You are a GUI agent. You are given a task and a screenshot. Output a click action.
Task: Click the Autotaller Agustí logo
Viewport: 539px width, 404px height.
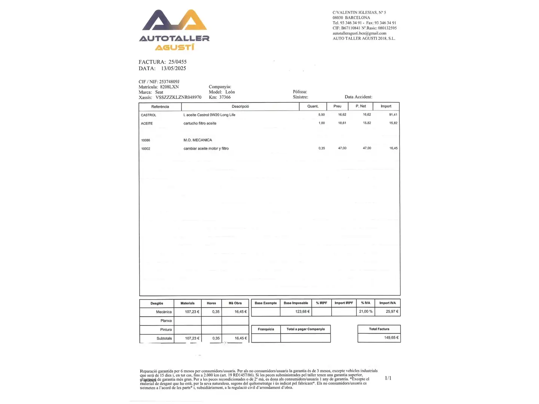174,30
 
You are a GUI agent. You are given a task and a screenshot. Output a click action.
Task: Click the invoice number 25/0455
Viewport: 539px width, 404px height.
177,62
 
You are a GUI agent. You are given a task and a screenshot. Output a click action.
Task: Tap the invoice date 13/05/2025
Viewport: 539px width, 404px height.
173,68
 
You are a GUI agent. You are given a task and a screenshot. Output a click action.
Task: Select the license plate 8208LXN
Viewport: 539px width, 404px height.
169,87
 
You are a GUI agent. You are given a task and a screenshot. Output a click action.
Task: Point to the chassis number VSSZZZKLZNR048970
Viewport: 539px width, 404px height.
178,97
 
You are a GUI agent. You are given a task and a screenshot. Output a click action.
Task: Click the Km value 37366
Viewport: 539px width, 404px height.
225,97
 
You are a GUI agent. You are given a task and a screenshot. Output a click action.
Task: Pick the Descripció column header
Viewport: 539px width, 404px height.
240,107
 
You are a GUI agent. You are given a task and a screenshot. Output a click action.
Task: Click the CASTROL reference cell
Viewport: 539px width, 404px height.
149,115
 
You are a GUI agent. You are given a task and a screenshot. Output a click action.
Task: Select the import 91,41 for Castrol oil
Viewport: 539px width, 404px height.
393,115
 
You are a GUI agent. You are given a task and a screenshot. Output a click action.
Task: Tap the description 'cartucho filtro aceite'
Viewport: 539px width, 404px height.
200,123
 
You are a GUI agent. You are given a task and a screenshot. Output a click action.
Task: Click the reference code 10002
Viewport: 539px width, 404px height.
146,149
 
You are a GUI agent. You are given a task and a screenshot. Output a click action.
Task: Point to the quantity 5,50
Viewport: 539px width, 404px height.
322,115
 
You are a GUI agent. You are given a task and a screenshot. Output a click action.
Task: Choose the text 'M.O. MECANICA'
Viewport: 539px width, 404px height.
198,140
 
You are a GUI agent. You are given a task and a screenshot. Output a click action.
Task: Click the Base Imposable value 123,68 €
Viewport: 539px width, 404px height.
302,312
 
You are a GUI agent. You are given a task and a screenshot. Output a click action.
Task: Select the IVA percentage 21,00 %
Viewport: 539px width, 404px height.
366,312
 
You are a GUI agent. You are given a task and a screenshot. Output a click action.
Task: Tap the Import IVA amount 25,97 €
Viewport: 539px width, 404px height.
392,312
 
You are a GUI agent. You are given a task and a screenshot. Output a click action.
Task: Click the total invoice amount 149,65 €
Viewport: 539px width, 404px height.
391,338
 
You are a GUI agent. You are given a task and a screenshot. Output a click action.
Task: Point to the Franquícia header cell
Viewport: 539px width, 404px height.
266,329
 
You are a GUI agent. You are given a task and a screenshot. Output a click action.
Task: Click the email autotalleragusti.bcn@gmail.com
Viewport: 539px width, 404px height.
359,33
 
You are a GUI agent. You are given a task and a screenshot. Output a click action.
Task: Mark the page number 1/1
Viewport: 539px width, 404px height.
388,378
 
